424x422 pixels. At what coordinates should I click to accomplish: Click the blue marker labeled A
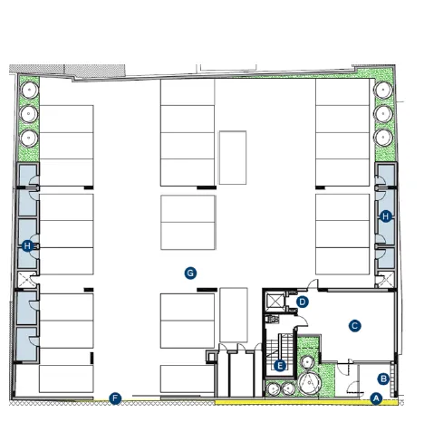click(x=376, y=397)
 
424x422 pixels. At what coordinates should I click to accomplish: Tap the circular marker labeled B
click(x=383, y=379)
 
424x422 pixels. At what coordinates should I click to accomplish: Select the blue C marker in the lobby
click(x=355, y=324)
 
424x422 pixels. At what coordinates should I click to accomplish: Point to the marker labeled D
click(x=304, y=302)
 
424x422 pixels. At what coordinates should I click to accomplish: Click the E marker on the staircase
click(x=280, y=366)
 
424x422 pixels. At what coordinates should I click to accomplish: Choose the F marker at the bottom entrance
click(x=115, y=398)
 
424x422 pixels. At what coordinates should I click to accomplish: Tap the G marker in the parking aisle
click(x=190, y=272)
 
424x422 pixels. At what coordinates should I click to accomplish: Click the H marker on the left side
click(x=27, y=245)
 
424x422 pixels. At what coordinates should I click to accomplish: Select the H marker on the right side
click(x=386, y=216)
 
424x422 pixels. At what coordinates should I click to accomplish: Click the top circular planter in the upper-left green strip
click(x=28, y=91)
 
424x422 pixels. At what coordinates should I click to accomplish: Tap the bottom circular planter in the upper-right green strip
click(x=381, y=138)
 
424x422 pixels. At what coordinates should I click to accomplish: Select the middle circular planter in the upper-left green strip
click(x=28, y=114)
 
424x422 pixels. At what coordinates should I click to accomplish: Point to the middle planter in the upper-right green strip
click(x=381, y=114)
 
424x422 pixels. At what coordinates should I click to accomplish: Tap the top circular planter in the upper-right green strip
click(x=381, y=91)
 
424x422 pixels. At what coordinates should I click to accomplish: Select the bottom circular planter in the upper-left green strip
click(x=28, y=138)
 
